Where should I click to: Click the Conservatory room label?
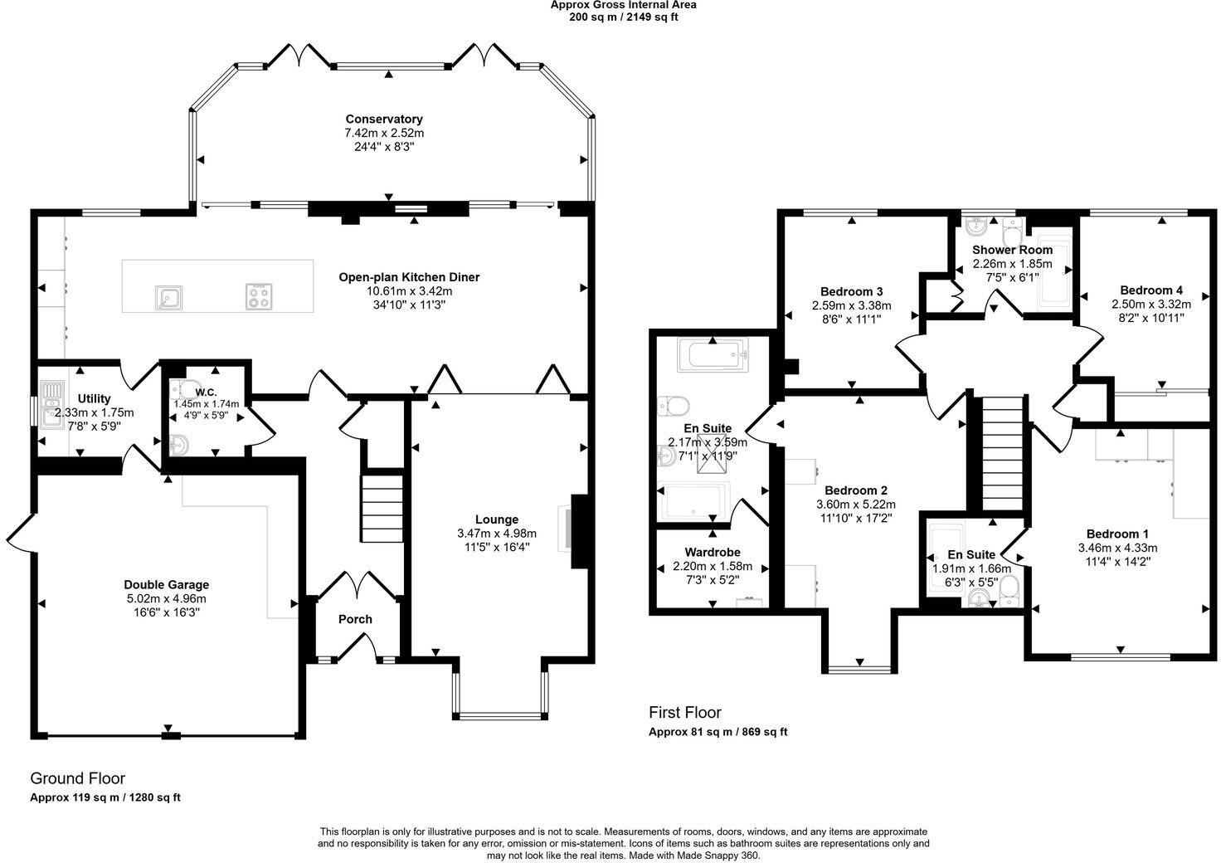pyautogui.click(x=384, y=119)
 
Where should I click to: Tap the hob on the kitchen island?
pyautogui.click(x=258, y=296)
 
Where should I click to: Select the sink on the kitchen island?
pyautogui.click(x=169, y=297)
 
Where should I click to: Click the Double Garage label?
pyautogui.click(x=166, y=585)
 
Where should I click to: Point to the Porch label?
pyautogui.click(x=355, y=619)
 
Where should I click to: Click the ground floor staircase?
pyautogui.click(x=382, y=509)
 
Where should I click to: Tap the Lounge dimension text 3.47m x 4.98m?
pyautogui.click(x=497, y=534)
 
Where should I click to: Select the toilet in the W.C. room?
pyautogui.click(x=184, y=389)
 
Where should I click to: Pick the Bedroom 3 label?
pyautogui.click(x=851, y=291)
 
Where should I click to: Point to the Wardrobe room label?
pyautogui.click(x=713, y=553)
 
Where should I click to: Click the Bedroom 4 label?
pyautogui.click(x=1151, y=290)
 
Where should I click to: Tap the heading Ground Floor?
pyautogui.click(x=77, y=778)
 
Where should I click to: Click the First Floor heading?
pyautogui.click(x=684, y=712)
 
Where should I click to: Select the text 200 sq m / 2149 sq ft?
pyautogui.click(x=624, y=17)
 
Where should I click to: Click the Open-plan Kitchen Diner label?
pyautogui.click(x=410, y=277)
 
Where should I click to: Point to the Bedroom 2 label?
pyautogui.click(x=856, y=490)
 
